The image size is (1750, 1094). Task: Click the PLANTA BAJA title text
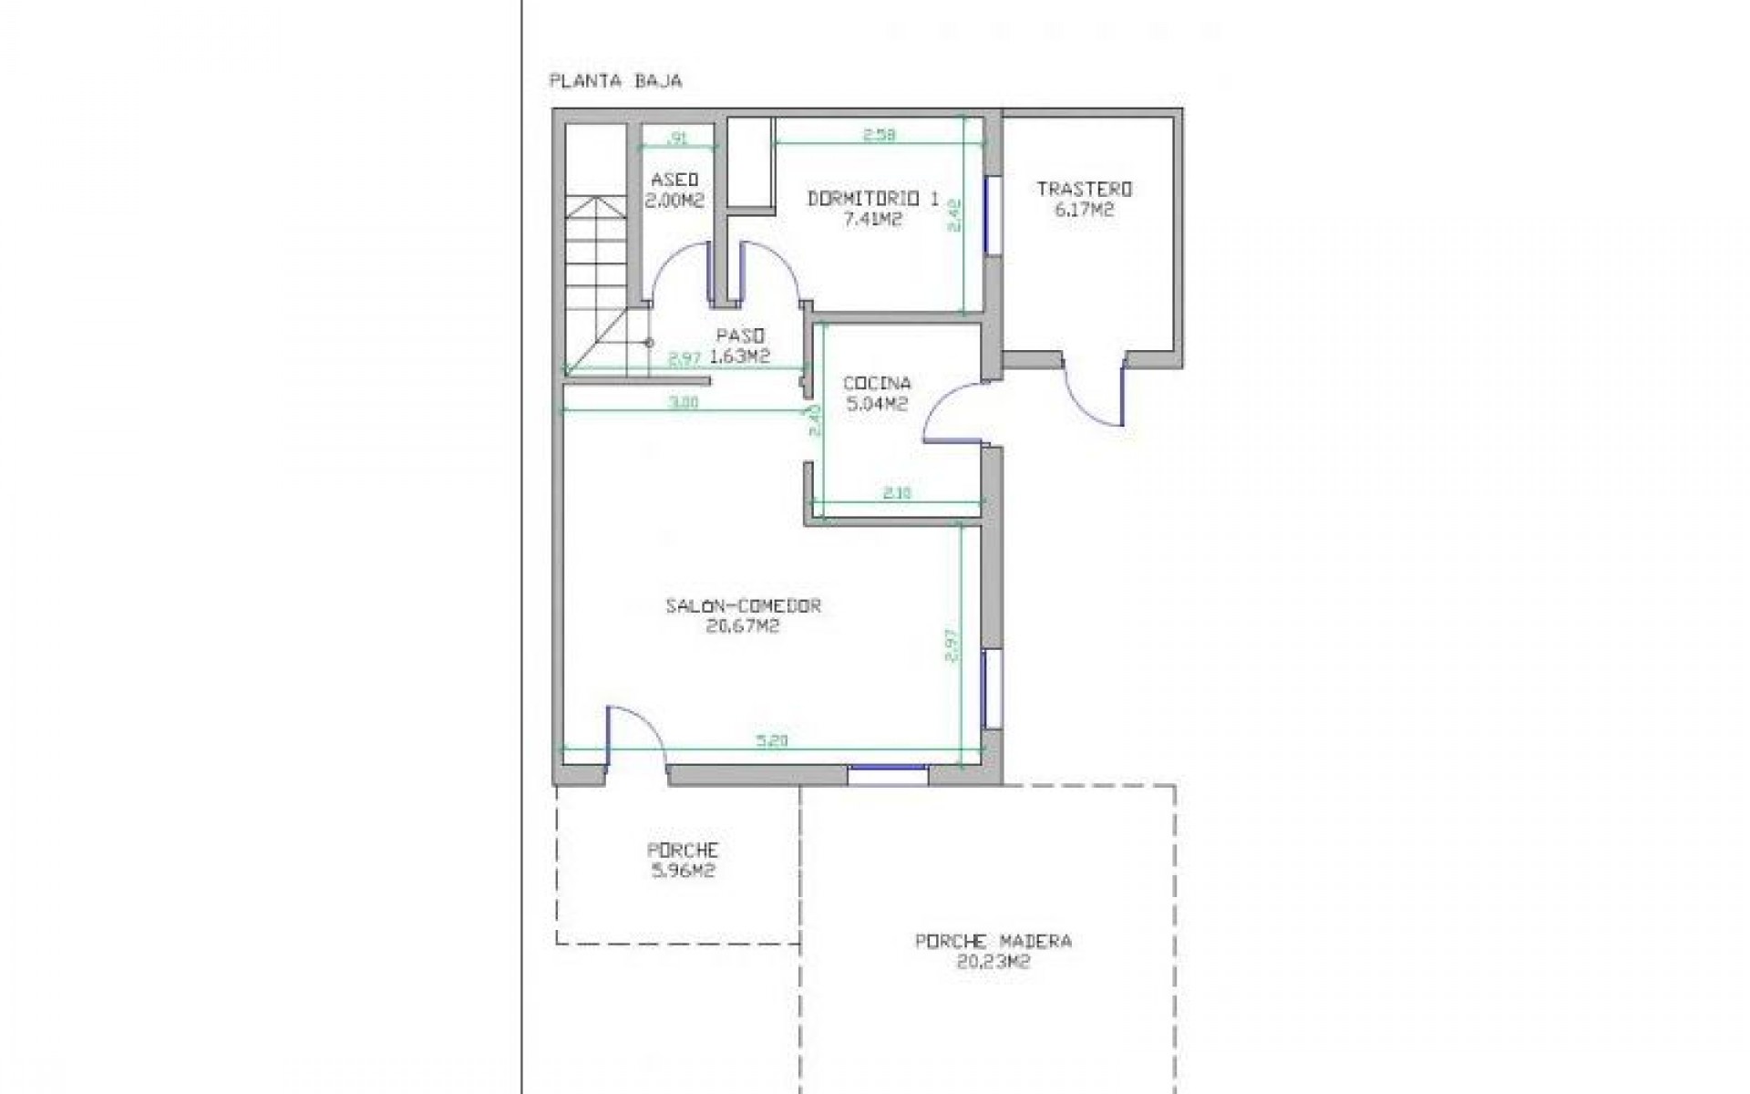click(615, 81)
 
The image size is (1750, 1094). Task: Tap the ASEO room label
click(674, 179)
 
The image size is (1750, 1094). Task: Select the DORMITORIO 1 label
click(872, 198)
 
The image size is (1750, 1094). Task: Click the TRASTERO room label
click(1084, 190)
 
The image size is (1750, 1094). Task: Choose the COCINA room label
click(877, 384)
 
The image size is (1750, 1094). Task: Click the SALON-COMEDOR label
click(744, 605)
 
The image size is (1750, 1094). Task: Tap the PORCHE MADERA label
click(993, 941)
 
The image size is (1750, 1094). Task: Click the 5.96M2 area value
click(682, 871)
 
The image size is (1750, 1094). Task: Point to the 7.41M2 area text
click(872, 219)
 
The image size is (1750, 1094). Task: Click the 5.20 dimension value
click(771, 741)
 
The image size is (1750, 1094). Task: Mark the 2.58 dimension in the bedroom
click(880, 135)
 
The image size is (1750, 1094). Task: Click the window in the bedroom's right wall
click(993, 215)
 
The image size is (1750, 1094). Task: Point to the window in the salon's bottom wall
click(888, 775)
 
